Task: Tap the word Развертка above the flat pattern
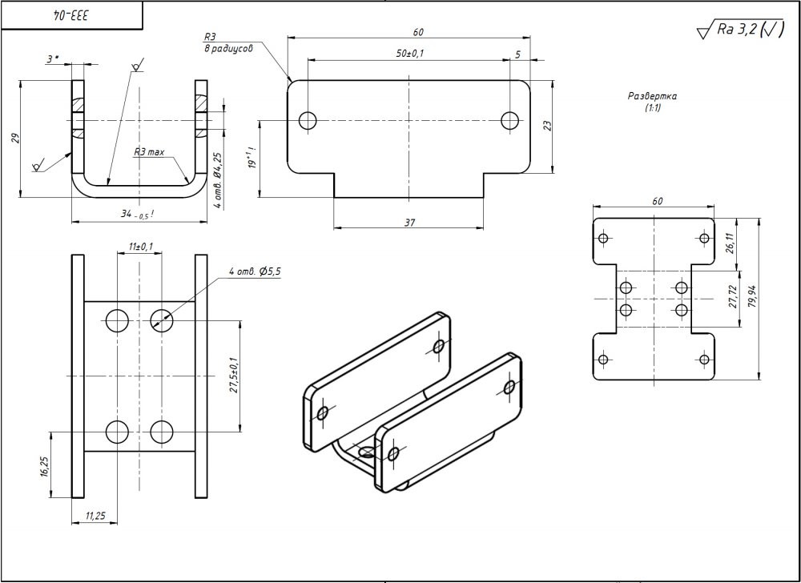[x=652, y=95]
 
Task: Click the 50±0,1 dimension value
[x=410, y=53]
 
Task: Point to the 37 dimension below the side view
[x=409, y=222]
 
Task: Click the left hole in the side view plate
[x=308, y=120]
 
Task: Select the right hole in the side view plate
[x=510, y=120]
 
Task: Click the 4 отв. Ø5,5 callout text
[x=255, y=272]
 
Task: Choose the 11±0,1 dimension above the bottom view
[x=139, y=247]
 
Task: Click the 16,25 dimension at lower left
[x=46, y=468]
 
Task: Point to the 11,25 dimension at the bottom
[x=95, y=517]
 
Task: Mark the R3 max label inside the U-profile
[x=149, y=151]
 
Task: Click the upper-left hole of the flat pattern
[x=604, y=238]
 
